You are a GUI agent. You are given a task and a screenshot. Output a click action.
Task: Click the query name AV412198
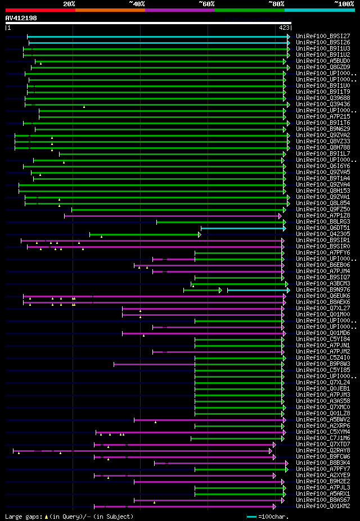pos(21,18)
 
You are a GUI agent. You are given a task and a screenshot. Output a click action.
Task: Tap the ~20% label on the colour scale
pos(69,4)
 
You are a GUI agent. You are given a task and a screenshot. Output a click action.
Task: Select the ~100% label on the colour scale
pos(344,4)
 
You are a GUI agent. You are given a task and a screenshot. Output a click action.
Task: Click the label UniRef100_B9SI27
pos(323,36)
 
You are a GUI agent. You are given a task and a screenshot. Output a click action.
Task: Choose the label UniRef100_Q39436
pos(323,105)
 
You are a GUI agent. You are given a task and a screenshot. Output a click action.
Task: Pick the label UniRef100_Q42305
pos(323,234)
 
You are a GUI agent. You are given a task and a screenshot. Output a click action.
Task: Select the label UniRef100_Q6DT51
pos(323,228)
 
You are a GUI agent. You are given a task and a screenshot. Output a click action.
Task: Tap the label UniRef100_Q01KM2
pos(323,506)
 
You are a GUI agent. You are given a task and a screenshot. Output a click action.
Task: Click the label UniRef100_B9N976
pos(323,290)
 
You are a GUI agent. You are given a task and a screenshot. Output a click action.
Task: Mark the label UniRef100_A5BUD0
pos(323,61)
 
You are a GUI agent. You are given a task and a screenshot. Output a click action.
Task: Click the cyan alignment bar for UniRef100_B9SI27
pos(157,36)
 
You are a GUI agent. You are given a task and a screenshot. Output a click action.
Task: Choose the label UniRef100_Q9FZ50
pos(323,210)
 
